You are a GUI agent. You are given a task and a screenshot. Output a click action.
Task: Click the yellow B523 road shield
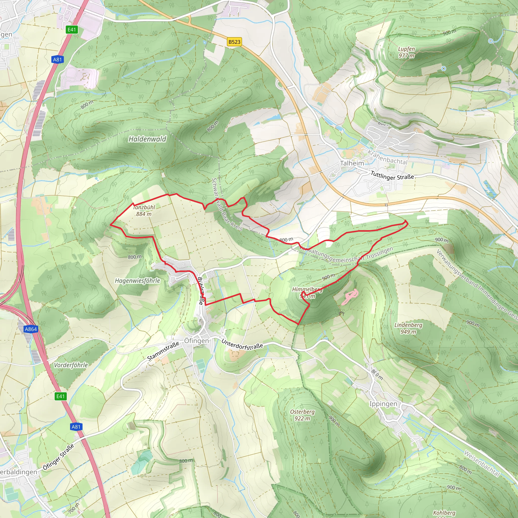tap(234, 42)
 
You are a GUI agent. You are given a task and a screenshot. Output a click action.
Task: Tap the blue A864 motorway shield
tap(31, 329)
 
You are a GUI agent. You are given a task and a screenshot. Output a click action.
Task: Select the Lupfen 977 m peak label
tap(406, 52)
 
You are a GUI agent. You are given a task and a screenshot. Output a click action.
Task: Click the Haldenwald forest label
tap(147, 139)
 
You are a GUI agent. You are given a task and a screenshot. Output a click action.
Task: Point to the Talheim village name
tap(352, 163)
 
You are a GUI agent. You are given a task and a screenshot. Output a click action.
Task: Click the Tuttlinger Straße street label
tap(392, 176)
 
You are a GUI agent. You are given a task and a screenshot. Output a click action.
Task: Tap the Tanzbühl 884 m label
tap(144, 210)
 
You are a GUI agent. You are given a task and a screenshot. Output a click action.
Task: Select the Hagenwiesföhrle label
tap(137, 281)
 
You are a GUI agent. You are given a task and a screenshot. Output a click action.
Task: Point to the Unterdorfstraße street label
tap(242, 344)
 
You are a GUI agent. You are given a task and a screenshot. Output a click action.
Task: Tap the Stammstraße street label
tap(163, 351)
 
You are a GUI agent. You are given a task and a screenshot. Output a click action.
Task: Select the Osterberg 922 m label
tap(302, 415)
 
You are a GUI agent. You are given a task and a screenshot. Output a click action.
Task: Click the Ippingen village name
tap(383, 404)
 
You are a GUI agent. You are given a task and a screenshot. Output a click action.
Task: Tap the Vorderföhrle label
tap(71, 365)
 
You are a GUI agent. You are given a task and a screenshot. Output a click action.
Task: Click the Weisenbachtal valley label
tap(482, 464)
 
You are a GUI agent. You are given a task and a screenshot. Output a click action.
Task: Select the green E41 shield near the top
tap(72, 30)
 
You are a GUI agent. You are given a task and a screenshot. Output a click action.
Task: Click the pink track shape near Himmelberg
tap(350, 297)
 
